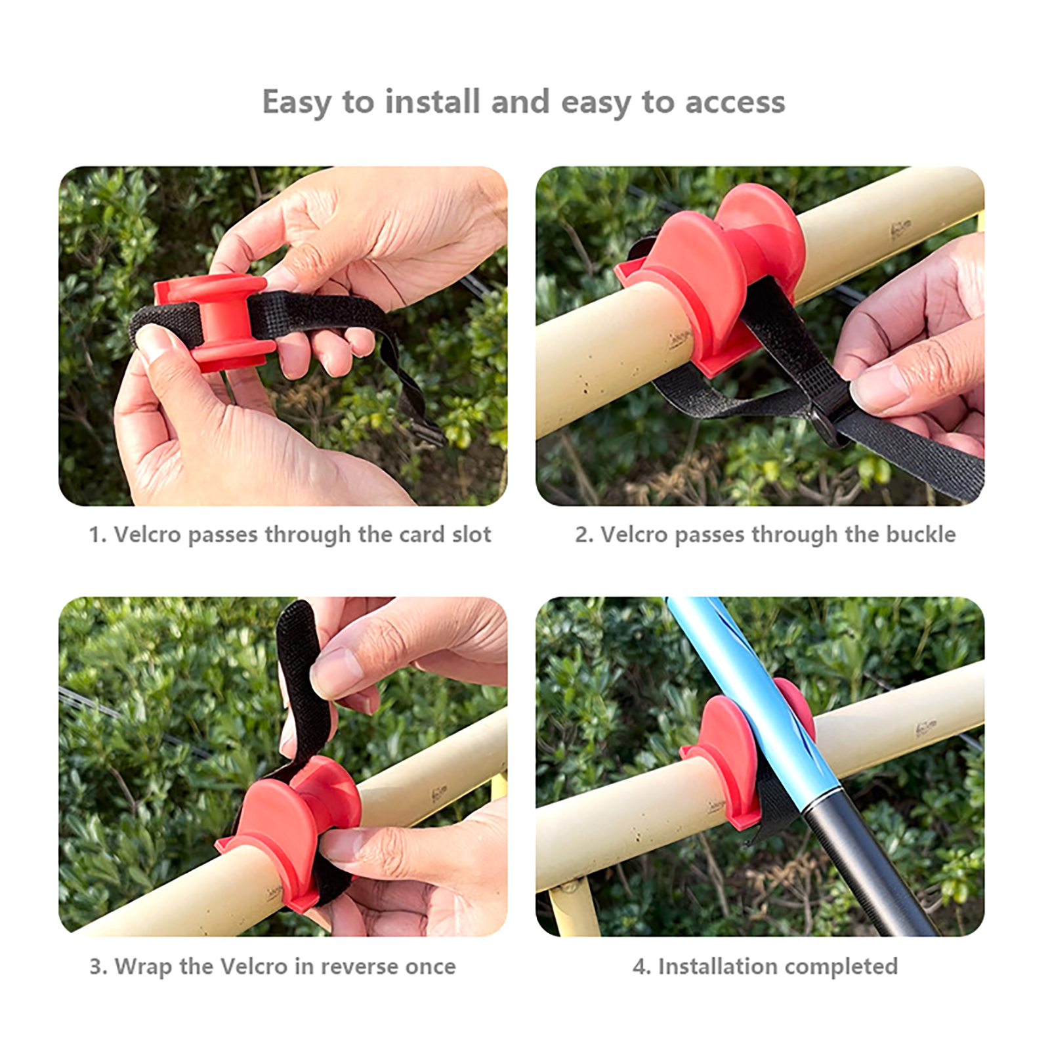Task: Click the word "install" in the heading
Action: tap(432, 102)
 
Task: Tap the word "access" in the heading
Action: tap(735, 103)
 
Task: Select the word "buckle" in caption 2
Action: tap(921, 534)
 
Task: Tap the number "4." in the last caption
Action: tap(641, 967)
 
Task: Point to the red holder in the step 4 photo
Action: tap(725, 755)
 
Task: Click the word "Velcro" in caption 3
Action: tap(253, 967)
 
